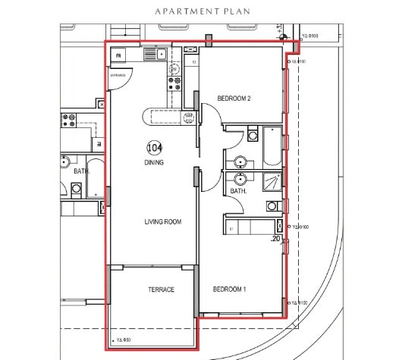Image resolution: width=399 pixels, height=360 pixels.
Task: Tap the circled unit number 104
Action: point(154,148)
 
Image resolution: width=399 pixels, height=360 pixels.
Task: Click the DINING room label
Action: point(154,162)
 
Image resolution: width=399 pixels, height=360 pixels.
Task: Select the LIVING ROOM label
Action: point(163,222)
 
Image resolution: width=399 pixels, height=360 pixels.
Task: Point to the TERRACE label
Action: point(161,290)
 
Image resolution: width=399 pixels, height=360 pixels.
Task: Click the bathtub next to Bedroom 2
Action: point(271,146)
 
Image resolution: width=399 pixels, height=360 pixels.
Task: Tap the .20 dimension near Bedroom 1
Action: point(275,238)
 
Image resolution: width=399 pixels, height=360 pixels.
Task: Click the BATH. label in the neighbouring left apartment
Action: point(81,171)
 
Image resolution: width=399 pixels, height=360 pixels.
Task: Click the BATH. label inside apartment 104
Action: point(238,192)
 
